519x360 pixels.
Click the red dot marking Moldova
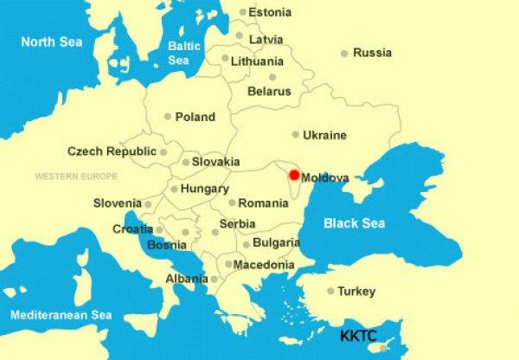point(294,176)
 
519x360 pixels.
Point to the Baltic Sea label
point(179,54)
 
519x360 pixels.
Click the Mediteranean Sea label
point(61,315)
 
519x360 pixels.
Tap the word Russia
point(373,53)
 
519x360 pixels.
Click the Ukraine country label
point(325,135)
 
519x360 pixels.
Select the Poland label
point(195,117)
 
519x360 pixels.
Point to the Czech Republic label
point(112,151)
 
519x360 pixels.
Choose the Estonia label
point(270,13)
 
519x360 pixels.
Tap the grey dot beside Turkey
point(330,292)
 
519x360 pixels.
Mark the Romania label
point(264,203)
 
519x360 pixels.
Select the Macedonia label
point(265,264)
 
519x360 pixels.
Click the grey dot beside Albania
point(214,279)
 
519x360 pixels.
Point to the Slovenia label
point(117,203)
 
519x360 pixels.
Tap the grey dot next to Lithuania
point(225,59)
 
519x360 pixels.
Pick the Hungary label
point(205,189)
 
